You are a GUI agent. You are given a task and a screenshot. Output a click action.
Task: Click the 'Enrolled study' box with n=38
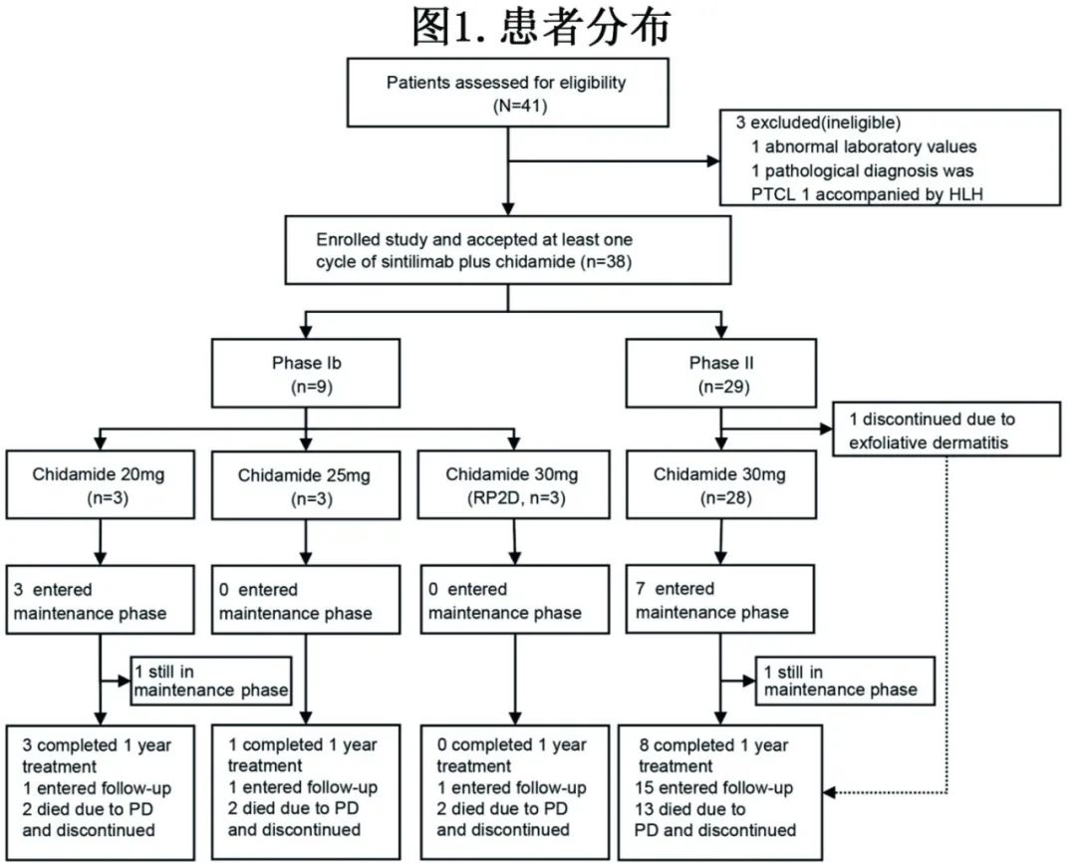507,251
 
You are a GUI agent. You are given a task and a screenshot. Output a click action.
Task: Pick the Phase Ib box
307,375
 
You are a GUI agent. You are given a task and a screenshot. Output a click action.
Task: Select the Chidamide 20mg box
98,486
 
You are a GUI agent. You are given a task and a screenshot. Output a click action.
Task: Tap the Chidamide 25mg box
304,486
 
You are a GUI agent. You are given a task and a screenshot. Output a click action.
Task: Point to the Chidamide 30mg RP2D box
512,486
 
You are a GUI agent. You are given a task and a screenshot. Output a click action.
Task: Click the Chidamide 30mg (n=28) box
719,486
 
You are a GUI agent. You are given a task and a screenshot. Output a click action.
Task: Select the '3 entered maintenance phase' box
98,601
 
